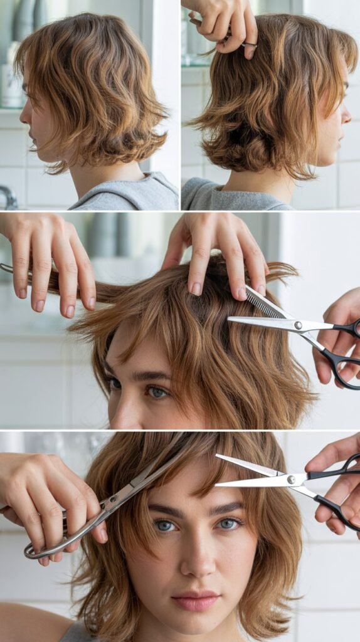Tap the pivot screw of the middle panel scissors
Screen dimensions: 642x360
299,325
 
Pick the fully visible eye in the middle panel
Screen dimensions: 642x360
157,392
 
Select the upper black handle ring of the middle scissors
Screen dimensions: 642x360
348,328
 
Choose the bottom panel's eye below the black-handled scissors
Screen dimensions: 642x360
228,524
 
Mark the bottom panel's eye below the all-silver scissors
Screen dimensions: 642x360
166,525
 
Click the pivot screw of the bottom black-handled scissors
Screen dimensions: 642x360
291,480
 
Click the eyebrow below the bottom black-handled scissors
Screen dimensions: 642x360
227,507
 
